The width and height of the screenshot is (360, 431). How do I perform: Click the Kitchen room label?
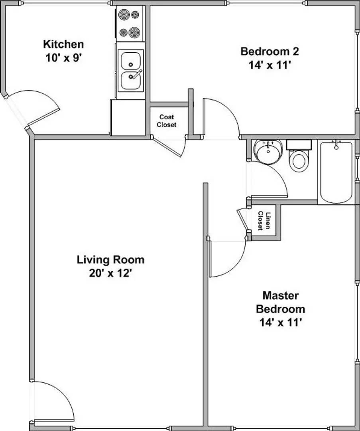click(63, 43)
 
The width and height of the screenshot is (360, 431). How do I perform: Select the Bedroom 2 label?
click(270, 51)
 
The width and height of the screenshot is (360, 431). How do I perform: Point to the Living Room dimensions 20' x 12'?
click(110, 274)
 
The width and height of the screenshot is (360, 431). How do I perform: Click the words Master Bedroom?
click(280, 302)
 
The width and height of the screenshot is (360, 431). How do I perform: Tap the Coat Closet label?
click(166, 121)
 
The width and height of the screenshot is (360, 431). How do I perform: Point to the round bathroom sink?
click(268, 152)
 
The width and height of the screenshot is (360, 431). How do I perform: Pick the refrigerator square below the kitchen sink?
click(128, 117)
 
